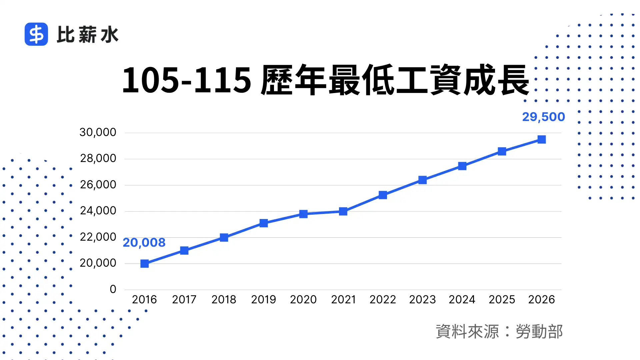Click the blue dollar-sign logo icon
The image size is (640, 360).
36,34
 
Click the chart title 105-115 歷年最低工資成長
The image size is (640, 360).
325,80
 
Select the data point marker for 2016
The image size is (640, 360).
144,264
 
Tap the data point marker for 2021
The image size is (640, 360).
343,211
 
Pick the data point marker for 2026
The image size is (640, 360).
542,139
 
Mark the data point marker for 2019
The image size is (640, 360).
264,223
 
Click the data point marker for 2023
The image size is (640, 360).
422,180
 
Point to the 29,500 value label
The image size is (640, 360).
543,117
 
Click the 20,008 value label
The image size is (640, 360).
144,243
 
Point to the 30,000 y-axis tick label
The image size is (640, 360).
98,132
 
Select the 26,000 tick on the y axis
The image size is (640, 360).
98,185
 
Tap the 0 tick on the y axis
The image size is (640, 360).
113,289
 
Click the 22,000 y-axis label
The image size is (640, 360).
98,237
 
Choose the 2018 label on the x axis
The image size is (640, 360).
224,300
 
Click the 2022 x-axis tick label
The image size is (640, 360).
383,300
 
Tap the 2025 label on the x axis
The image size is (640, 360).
502,300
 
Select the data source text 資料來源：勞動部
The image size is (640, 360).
499,332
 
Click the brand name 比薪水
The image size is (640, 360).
88,35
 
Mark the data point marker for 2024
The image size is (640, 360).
462,166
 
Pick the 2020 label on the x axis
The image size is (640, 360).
303,300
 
